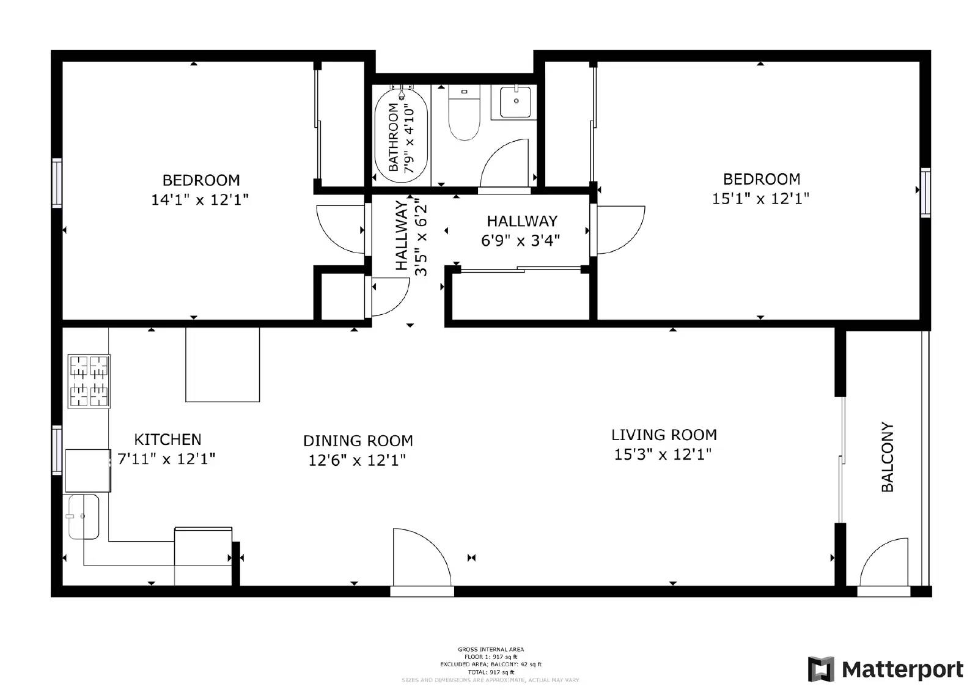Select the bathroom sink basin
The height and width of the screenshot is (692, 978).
[x=515, y=102]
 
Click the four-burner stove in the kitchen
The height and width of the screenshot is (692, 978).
[x=89, y=381]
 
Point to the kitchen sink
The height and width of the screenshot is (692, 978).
[x=84, y=517]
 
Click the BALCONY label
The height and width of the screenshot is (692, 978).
[x=888, y=457]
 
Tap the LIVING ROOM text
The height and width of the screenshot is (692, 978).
[x=664, y=435]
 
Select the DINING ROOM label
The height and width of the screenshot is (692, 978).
[x=358, y=441]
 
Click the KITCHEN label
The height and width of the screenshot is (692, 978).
[x=167, y=439]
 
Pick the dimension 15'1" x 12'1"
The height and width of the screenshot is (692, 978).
[x=760, y=199]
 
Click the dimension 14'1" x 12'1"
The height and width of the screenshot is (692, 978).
[x=200, y=200]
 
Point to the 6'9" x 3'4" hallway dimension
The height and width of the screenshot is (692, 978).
[x=520, y=241]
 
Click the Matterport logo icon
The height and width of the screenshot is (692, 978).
[x=821, y=669]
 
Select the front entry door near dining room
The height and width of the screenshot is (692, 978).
[x=422, y=559]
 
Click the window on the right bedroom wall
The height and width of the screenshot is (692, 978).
[x=925, y=193]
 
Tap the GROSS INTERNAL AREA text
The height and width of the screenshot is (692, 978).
[x=490, y=649]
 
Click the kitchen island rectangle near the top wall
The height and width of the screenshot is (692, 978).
[x=222, y=365]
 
